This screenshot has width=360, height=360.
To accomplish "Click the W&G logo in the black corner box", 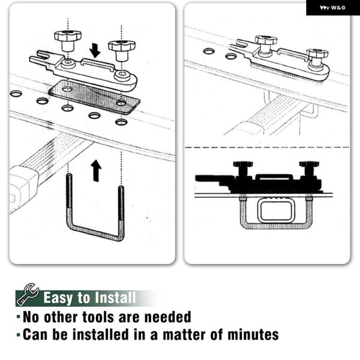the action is click(332, 8).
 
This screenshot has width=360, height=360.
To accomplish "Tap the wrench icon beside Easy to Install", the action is click(28, 295).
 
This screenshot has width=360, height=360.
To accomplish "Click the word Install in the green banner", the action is click(115, 298).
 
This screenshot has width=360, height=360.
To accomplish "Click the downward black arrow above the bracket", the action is click(95, 50).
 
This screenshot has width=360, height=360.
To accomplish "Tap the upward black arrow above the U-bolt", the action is click(96, 171).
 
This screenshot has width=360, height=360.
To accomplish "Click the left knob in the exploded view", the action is click(68, 41).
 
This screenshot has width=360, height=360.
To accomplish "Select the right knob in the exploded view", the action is click(122, 50).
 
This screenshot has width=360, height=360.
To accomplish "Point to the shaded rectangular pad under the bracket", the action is click(94, 97).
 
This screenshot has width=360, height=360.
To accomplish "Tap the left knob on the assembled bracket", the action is click(266, 45).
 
